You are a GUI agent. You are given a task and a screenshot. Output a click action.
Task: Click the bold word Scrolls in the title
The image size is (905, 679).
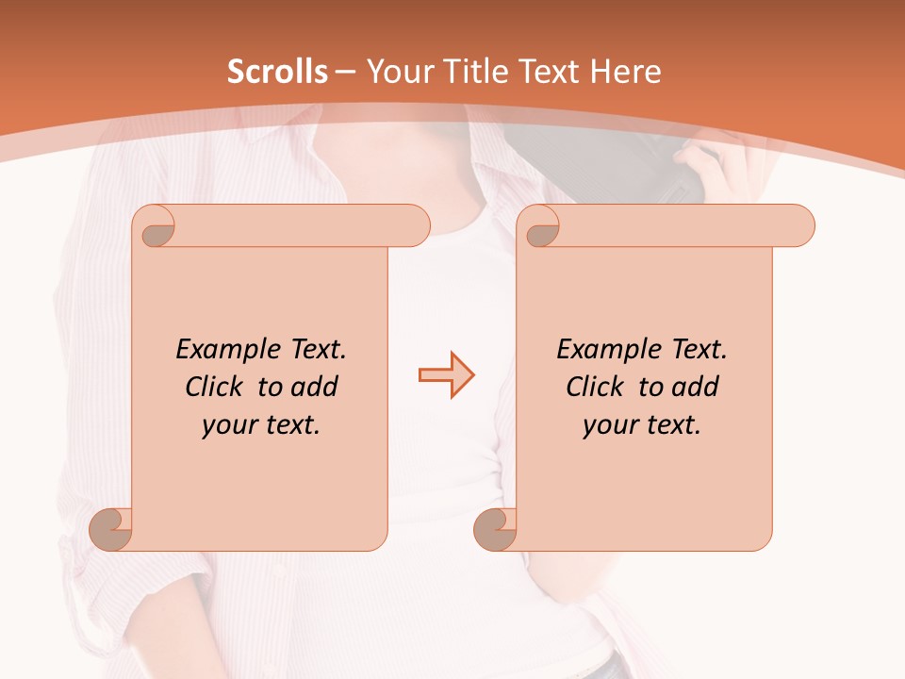278,72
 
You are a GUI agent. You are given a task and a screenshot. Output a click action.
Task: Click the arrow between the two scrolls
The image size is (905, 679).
446,374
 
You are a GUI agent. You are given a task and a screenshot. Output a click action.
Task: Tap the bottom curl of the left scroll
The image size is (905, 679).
109,530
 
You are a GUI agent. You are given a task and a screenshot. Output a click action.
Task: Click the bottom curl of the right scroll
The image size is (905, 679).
494,530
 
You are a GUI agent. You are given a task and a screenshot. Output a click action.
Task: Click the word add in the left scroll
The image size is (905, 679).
314,387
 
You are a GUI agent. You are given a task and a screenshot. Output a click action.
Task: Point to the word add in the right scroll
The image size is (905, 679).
695,387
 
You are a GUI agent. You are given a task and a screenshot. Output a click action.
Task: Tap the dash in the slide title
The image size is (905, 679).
345,72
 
